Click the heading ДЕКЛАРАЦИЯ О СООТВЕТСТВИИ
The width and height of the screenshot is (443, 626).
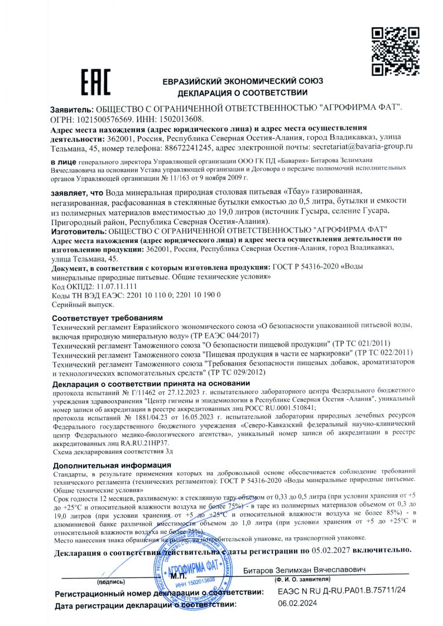[243, 92]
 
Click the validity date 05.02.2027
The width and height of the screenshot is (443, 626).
[333, 550]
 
